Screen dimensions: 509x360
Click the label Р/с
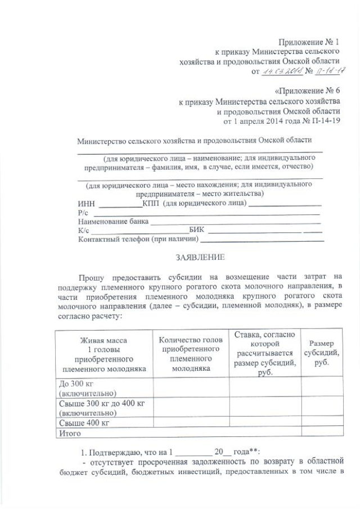(83, 213)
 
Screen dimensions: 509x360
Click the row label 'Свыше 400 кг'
(84, 423)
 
